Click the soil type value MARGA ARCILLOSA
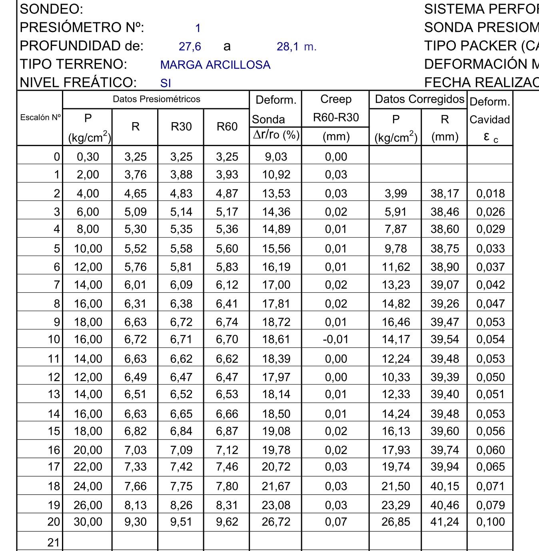tap(215, 65)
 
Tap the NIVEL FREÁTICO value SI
tap(166, 83)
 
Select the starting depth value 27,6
tap(190, 47)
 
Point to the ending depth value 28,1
tap(287, 47)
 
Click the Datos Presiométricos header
tap(156, 99)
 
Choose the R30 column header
tap(181, 127)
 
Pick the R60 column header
tap(227, 127)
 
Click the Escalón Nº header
tap(40, 117)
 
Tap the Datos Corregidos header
tap(419, 99)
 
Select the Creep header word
tap(336, 99)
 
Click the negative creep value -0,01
tap(335, 339)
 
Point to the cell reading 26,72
tap(276, 522)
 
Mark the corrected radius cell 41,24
tap(445, 522)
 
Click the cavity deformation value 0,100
tap(491, 522)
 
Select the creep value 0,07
tap(336, 522)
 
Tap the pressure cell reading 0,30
tap(88, 157)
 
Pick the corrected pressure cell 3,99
tap(395, 193)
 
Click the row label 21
tap(54, 542)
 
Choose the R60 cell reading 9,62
tap(227, 522)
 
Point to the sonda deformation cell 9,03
tap(276, 157)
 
